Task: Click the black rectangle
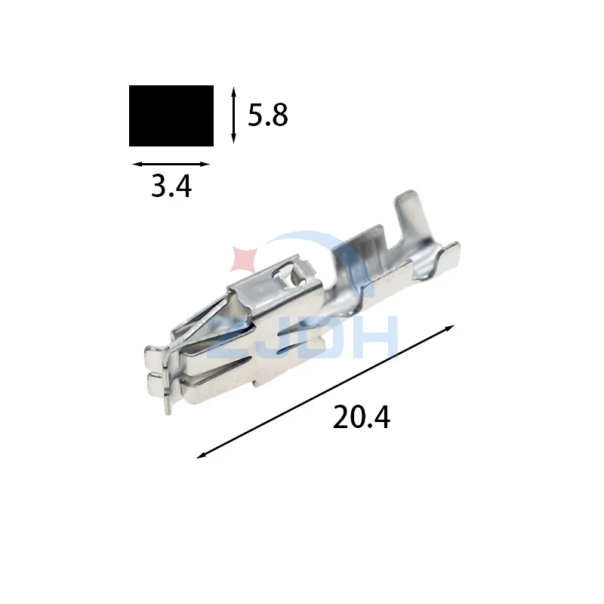tap(171, 116)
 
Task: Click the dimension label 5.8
tap(268, 116)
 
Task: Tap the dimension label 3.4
tap(171, 186)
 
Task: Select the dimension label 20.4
tap(362, 418)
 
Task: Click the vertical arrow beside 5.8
tap(233, 115)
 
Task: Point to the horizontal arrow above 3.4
tap(171, 164)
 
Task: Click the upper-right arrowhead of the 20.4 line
tap(451, 328)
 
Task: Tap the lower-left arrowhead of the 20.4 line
tap(200, 456)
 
